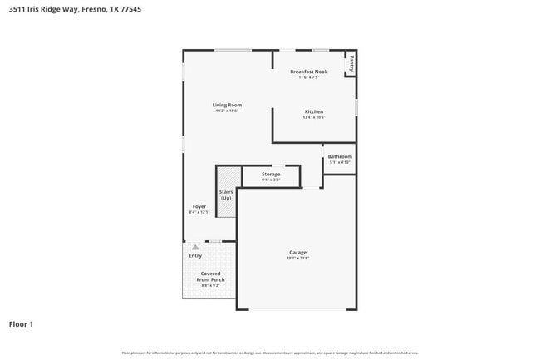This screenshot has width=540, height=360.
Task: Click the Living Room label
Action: click(x=227, y=105)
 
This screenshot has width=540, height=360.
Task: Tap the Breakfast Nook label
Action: click(x=308, y=72)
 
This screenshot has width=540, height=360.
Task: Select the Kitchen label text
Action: click(x=313, y=111)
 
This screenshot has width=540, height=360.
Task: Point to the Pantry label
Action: click(x=352, y=62)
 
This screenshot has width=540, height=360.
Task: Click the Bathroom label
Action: click(x=339, y=156)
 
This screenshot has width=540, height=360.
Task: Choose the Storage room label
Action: click(x=271, y=174)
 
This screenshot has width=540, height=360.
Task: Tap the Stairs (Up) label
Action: click(x=226, y=195)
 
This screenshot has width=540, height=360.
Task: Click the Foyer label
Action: click(x=199, y=206)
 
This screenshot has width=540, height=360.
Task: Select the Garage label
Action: click(x=297, y=252)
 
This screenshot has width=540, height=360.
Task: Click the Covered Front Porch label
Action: click(x=209, y=276)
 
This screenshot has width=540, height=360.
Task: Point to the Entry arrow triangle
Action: click(x=195, y=247)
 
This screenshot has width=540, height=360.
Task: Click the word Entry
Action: click(x=195, y=255)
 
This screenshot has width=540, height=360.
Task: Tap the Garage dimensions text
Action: click(x=297, y=259)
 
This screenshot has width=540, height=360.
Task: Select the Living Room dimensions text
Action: click(x=227, y=111)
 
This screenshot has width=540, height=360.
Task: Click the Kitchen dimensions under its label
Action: click(x=313, y=118)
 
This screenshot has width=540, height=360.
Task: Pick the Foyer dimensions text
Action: click(x=199, y=213)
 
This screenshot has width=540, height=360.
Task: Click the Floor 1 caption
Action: click(x=21, y=323)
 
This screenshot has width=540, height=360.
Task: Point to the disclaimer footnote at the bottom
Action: click(x=269, y=353)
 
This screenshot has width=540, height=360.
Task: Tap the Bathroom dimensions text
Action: click(x=339, y=163)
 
